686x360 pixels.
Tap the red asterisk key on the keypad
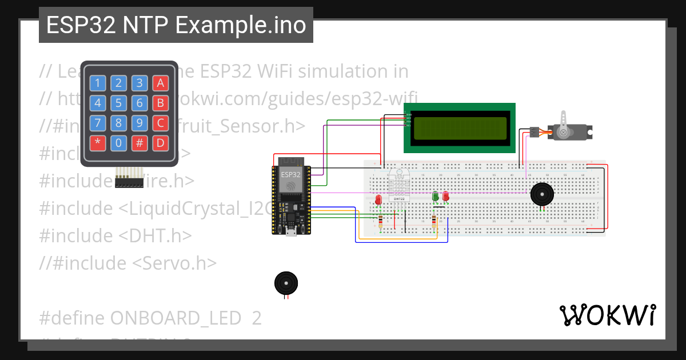(97, 143)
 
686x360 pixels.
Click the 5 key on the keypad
(118, 103)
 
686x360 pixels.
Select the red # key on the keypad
(139, 143)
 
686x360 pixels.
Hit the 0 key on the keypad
(118, 143)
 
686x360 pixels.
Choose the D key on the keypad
(161, 143)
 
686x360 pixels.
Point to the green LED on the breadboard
(436, 196)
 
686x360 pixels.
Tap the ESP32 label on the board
(290, 174)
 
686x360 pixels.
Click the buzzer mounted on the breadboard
(541, 194)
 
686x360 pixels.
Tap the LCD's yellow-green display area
(460, 128)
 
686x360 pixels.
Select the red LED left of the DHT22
(378, 199)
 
